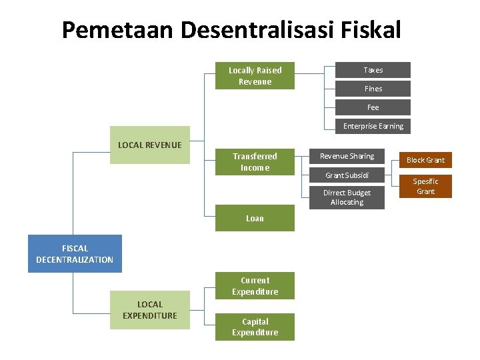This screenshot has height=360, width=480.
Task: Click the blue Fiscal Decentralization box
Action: point(75,253)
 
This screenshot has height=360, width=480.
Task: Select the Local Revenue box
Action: point(149,145)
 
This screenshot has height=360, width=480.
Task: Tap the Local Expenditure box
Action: point(149,310)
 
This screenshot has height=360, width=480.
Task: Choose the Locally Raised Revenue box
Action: point(255,76)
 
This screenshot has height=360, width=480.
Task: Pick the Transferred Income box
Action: point(255,162)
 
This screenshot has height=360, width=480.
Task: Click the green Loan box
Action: point(255,218)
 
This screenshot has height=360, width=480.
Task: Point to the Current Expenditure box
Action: point(255,286)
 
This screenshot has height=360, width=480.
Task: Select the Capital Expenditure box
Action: point(255,327)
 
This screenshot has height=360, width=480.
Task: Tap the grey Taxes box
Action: point(373,70)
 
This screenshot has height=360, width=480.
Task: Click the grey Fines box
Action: point(373,89)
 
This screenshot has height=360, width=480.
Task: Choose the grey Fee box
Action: point(373,107)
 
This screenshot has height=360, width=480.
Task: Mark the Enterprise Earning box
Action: point(373,126)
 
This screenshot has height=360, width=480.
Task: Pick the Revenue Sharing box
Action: point(347,156)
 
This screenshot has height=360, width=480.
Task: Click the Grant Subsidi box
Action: point(347,175)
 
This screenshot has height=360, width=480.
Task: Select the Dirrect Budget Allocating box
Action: point(347,197)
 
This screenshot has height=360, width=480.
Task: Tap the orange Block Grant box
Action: point(425,160)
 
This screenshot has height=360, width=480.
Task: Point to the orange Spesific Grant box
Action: point(425,186)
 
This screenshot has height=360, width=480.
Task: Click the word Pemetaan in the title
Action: point(117,30)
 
